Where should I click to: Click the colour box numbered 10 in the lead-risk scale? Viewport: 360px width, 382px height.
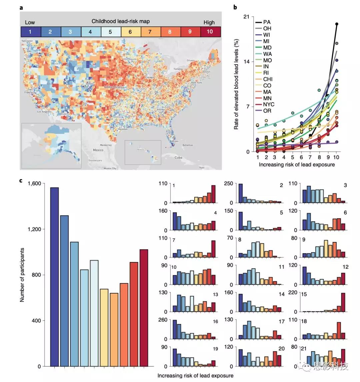point(210,32)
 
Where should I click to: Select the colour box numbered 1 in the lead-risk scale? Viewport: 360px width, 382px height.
point(30,32)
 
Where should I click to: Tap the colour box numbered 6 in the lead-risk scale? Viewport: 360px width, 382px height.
point(130,32)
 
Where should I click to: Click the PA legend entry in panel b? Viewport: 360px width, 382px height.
point(267,22)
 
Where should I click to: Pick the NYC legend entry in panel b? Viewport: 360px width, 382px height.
point(268,104)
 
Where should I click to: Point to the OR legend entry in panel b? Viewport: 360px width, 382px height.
point(267,111)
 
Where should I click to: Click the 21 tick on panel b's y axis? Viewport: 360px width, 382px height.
point(246,17)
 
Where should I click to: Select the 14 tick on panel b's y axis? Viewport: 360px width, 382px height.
point(246,62)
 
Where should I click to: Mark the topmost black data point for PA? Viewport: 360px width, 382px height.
point(337,24)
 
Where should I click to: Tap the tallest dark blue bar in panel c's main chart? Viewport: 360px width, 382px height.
point(54,277)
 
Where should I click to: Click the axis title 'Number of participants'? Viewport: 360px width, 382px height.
point(22,275)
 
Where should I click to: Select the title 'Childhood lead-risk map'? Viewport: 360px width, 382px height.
point(121,21)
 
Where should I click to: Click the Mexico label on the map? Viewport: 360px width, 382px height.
point(98,150)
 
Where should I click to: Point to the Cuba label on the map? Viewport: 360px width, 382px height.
point(179,157)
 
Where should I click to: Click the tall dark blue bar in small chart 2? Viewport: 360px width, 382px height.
point(240,193)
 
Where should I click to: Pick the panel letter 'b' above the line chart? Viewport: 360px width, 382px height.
point(235,7)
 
